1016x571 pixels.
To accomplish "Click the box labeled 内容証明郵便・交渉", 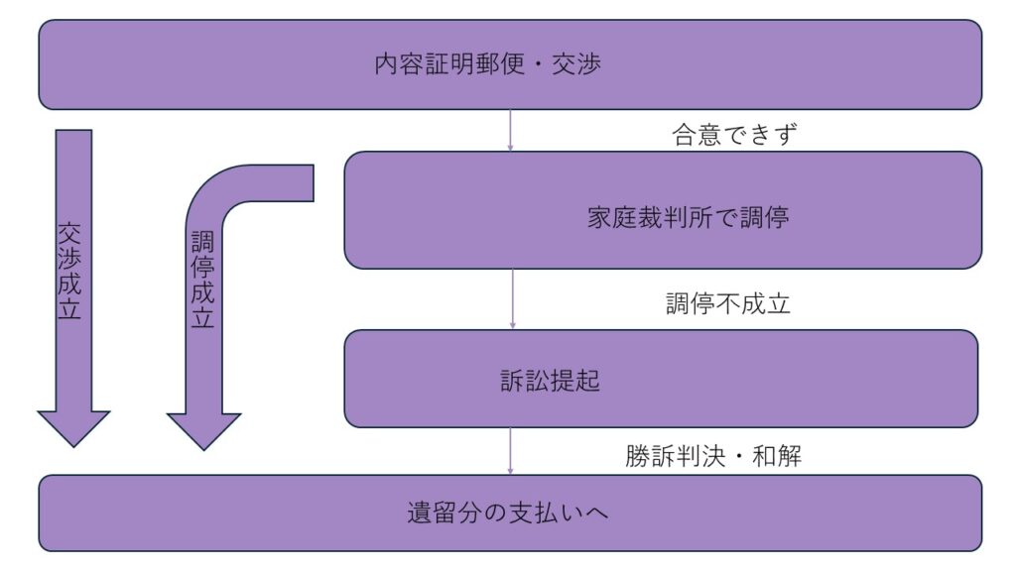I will pos(510,64).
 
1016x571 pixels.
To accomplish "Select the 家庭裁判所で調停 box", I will pos(663,210).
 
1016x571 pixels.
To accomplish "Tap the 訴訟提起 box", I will pos(661,379).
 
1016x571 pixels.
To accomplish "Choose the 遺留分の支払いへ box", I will pos(510,514).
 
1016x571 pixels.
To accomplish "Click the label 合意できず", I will pos(734,135).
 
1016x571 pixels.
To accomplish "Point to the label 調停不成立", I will pos(727,303).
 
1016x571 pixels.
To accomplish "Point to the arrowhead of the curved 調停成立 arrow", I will pos(203,429).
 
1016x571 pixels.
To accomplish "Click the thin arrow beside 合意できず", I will pos(510,130).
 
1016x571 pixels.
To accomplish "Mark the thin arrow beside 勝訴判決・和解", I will pos(511,451).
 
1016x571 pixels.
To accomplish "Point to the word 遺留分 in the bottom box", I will pos(441,514).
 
